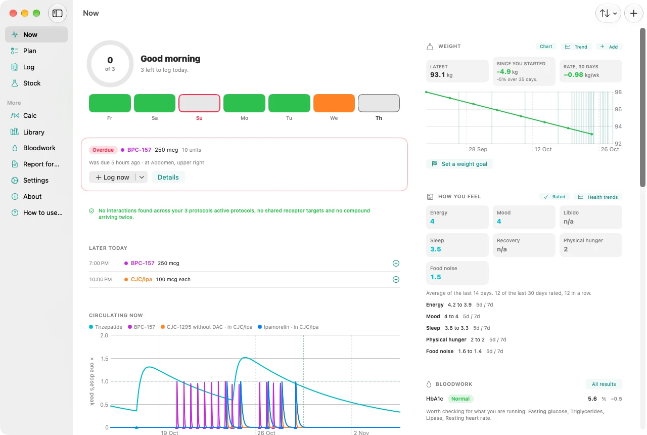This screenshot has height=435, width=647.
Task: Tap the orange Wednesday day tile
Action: (x=334, y=103)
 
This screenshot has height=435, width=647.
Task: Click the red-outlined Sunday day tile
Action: (x=199, y=103)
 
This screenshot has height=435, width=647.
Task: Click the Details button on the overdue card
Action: (x=168, y=177)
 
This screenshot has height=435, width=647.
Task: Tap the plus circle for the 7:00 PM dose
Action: (x=396, y=264)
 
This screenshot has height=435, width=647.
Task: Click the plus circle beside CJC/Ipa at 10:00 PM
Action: (x=396, y=280)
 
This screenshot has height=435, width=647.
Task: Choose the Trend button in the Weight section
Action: (x=576, y=47)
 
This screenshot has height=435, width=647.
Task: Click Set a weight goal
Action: (x=459, y=164)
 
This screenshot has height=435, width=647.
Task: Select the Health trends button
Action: (x=598, y=197)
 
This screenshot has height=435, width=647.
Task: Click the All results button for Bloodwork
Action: (x=604, y=384)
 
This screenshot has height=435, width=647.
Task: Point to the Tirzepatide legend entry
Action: (x=106, y=327)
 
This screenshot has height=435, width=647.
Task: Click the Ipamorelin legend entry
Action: (x=288, y=327)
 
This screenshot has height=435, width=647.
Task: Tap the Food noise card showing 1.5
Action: (x=457, y=273)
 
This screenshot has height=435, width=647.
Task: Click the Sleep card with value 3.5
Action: (x=457, y=245)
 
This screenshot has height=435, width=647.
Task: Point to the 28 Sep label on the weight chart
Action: (x=478, y=149)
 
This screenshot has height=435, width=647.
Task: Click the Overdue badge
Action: (x=103, y=150)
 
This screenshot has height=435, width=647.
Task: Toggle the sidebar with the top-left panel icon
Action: (x=58, y=13)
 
